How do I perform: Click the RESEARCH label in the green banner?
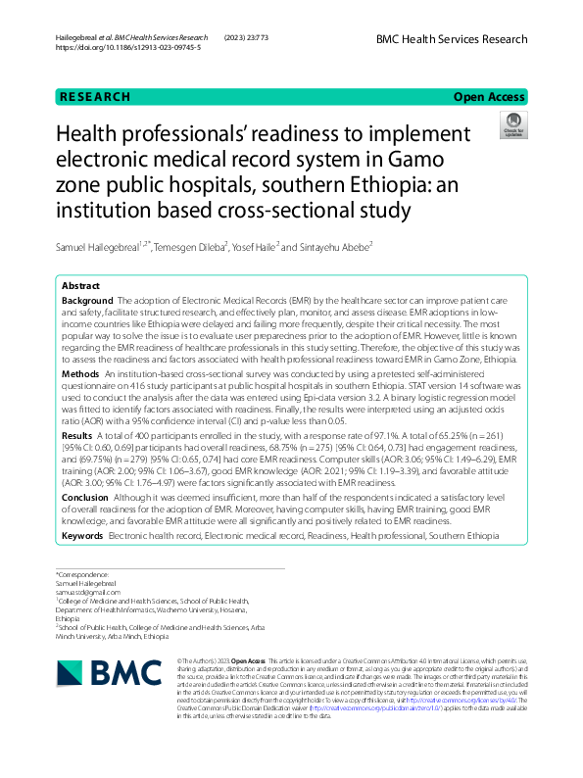[x=95, y=97]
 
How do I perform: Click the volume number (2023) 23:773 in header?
[x=245, y=37]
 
